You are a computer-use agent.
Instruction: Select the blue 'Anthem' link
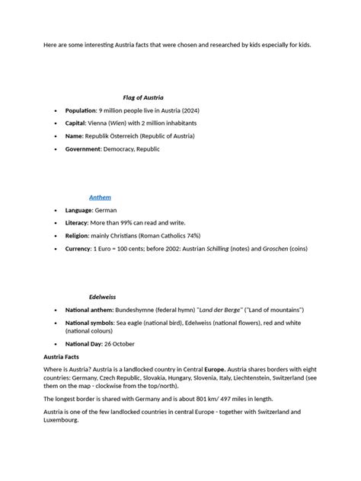[x=100, y=196]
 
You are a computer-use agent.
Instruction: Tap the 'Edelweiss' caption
[x=102, y=296]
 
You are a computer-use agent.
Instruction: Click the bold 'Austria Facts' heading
[x=62, y=356]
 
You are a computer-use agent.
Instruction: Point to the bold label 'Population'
[x=81, y=110]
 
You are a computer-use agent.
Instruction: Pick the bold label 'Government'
[x=84, y=149]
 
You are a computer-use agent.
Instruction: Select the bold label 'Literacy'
[x=77, y=222]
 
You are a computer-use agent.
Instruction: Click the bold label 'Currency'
[x=78, y=248]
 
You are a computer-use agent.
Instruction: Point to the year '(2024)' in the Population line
[x=187, y=110]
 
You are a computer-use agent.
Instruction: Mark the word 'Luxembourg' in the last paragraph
[x=61, y=419]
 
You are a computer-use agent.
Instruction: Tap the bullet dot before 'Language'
[x=56, y=209]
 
